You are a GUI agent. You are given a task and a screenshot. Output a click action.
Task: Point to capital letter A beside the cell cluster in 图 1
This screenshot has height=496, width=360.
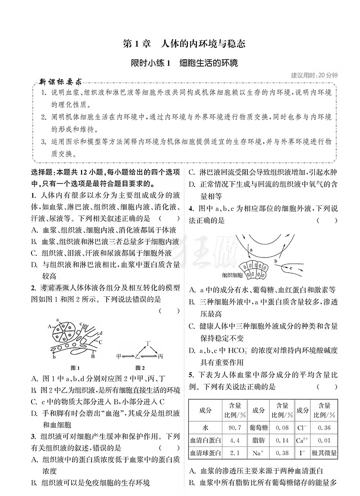point(49,339)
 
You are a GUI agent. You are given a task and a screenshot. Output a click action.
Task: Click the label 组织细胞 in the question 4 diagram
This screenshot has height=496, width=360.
point(232,275)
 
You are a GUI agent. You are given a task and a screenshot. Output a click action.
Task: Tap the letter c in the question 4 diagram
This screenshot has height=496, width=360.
point(292,269)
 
